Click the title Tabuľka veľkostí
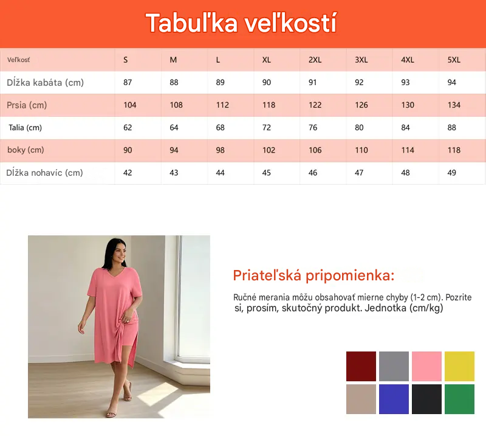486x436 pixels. coord(241,22)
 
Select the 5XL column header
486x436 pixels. coord(454,60)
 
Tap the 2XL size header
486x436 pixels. coord(315,60)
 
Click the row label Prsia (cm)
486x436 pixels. coord(27,105)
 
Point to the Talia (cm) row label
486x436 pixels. coord(25,128)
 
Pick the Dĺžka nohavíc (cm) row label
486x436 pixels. coord(44,173)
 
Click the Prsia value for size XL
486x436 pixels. coord(269,105)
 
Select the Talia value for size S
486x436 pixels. coord(128,128)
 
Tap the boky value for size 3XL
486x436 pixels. coord(361,150)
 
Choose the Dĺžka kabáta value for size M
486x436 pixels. coord(174,83)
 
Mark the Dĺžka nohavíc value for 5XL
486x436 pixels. coord(451,173)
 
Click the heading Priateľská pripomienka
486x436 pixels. coord(313,275)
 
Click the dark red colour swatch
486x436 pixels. coord(361,366)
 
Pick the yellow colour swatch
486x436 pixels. coord(459,366)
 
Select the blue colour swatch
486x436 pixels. coord(394,399)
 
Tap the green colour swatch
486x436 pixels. coord(459,399)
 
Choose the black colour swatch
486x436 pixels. coord(426,399)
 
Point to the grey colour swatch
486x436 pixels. coord(394,366)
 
